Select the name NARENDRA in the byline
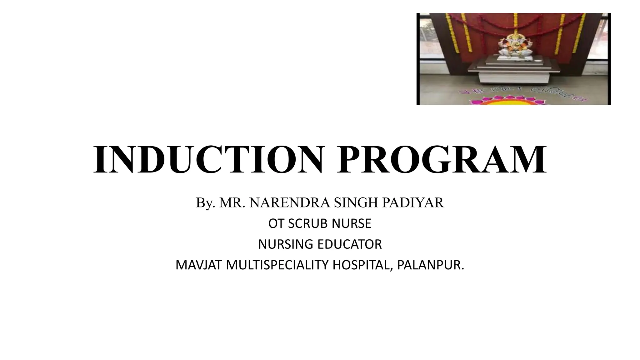click(290, 203)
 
